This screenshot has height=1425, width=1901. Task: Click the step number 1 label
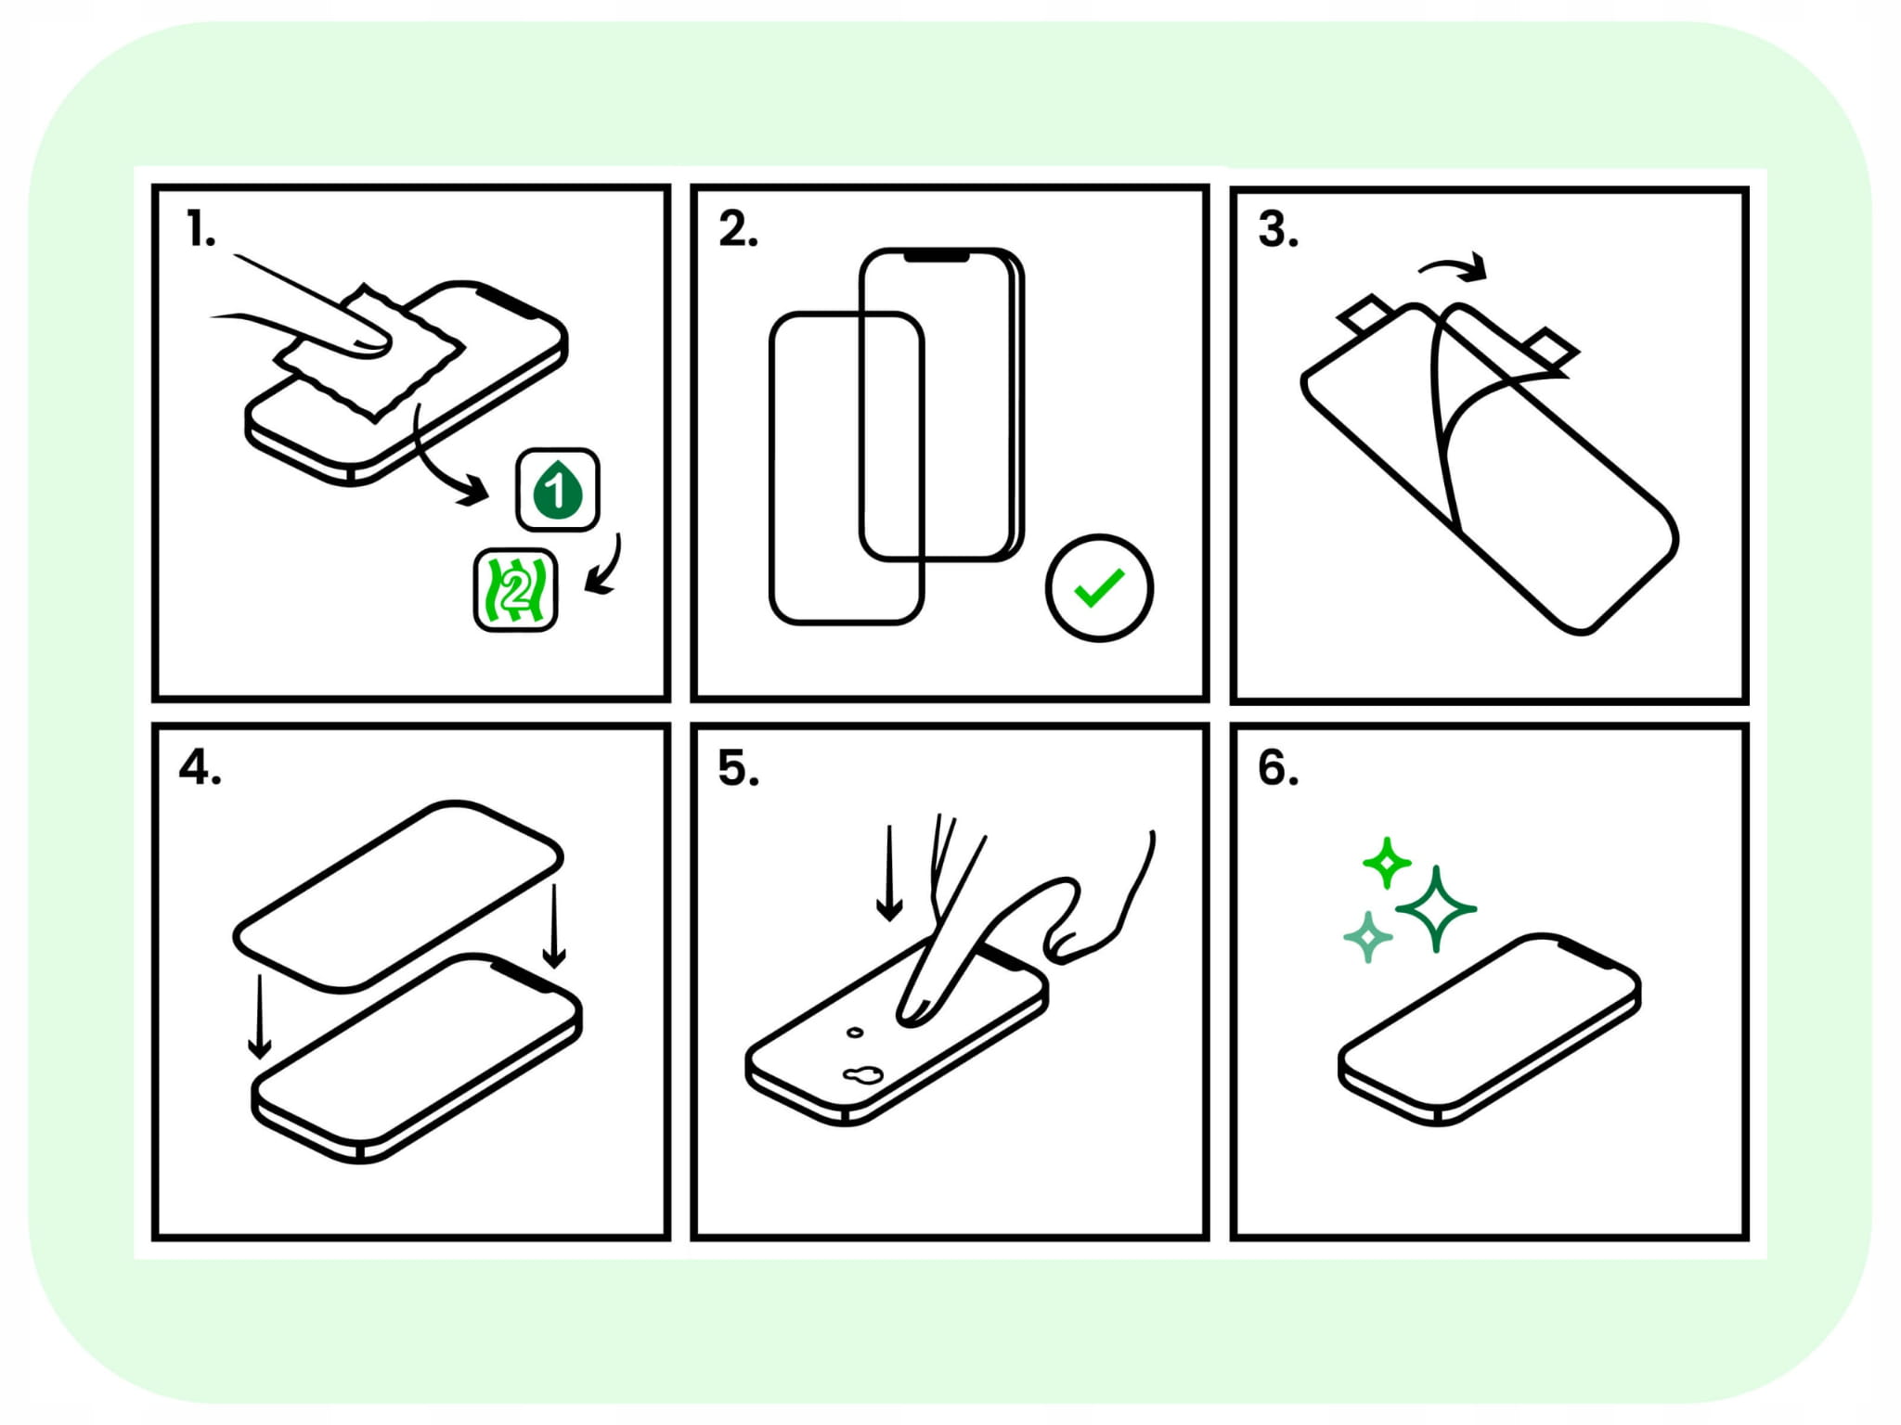point(200,229)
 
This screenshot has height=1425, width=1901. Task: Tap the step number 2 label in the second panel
point(738,229)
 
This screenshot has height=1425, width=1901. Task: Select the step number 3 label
point(1277,229)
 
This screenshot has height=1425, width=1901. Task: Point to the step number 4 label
point(200,767)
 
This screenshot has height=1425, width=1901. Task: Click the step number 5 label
point(738,768)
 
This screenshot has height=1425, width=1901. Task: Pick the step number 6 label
point(1277,767)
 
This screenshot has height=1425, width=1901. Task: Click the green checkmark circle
point(1099,587)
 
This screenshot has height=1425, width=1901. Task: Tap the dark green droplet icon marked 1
point(558,489)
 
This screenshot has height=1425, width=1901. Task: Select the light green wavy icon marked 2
point(516,590)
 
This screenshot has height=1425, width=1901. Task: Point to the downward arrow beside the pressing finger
point(889,873)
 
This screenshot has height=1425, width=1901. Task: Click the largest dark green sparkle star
point(1436,909)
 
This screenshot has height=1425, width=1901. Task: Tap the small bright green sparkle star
point(1387,863)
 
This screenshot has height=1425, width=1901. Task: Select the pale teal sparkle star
point(1368,937)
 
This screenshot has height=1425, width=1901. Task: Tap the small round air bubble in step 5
point(855,1033)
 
